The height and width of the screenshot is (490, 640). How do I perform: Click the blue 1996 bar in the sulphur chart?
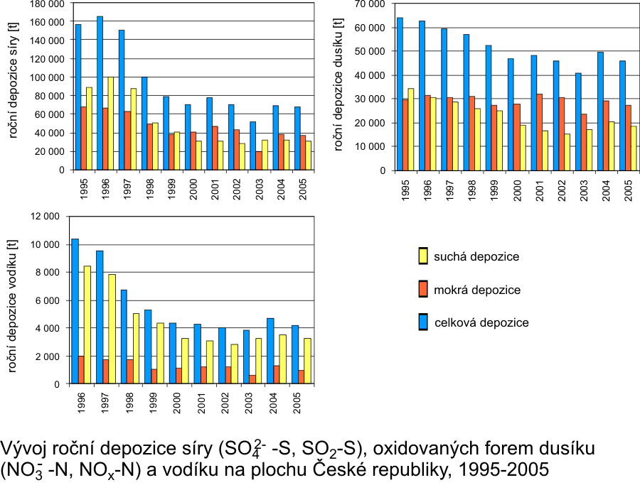point(100,93)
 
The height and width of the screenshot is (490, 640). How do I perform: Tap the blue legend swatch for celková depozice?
point(422,322)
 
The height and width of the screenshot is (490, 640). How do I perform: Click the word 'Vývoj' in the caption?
point(19,450)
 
